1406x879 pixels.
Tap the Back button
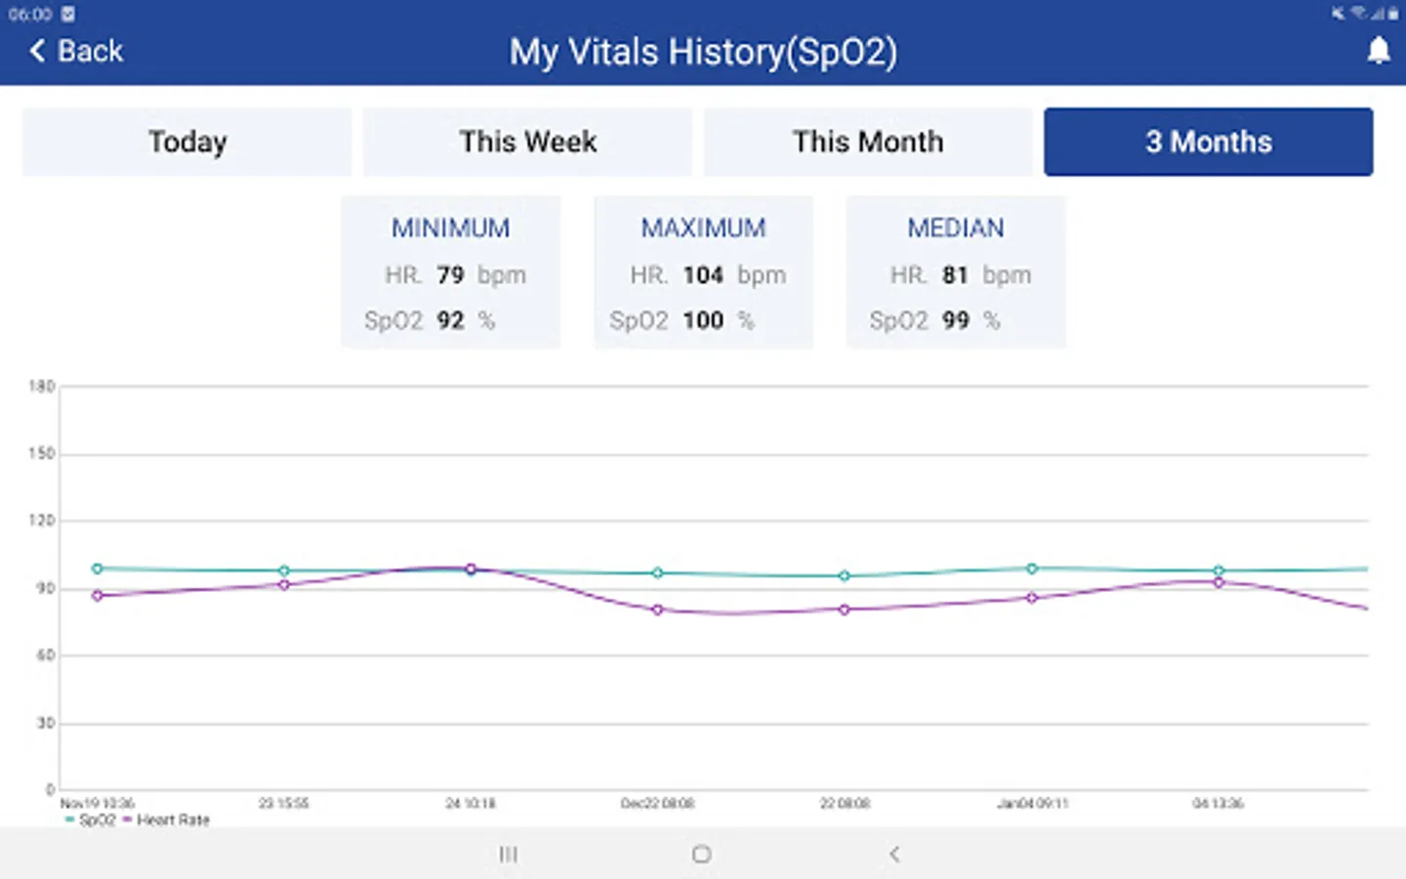coord(77,51)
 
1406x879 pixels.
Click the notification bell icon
coord(1378,51)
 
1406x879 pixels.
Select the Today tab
coord(186,142)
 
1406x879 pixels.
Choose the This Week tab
coord(527,142)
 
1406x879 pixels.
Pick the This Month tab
coord(867,142)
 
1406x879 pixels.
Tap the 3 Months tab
coord(1208,142)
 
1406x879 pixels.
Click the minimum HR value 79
coord(450,275)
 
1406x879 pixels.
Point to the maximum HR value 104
coord(703,275)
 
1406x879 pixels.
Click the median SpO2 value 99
coord(955,320)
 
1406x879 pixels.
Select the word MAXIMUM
coord(703,228)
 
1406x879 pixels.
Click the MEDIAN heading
coord(955,228)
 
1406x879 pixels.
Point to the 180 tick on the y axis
coord(42,387)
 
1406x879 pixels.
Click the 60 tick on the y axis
coord(45,655)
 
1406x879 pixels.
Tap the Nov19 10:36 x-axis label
coord(98,803)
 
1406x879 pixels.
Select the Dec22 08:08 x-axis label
coord(657,803)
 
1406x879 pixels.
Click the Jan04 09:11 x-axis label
coord(1032,803)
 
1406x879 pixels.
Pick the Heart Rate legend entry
coord(172,820)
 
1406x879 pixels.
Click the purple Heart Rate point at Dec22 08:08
coord(657,609)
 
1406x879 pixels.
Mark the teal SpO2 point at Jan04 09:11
coord(1032,568)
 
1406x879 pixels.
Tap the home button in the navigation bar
coord(701,855)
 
